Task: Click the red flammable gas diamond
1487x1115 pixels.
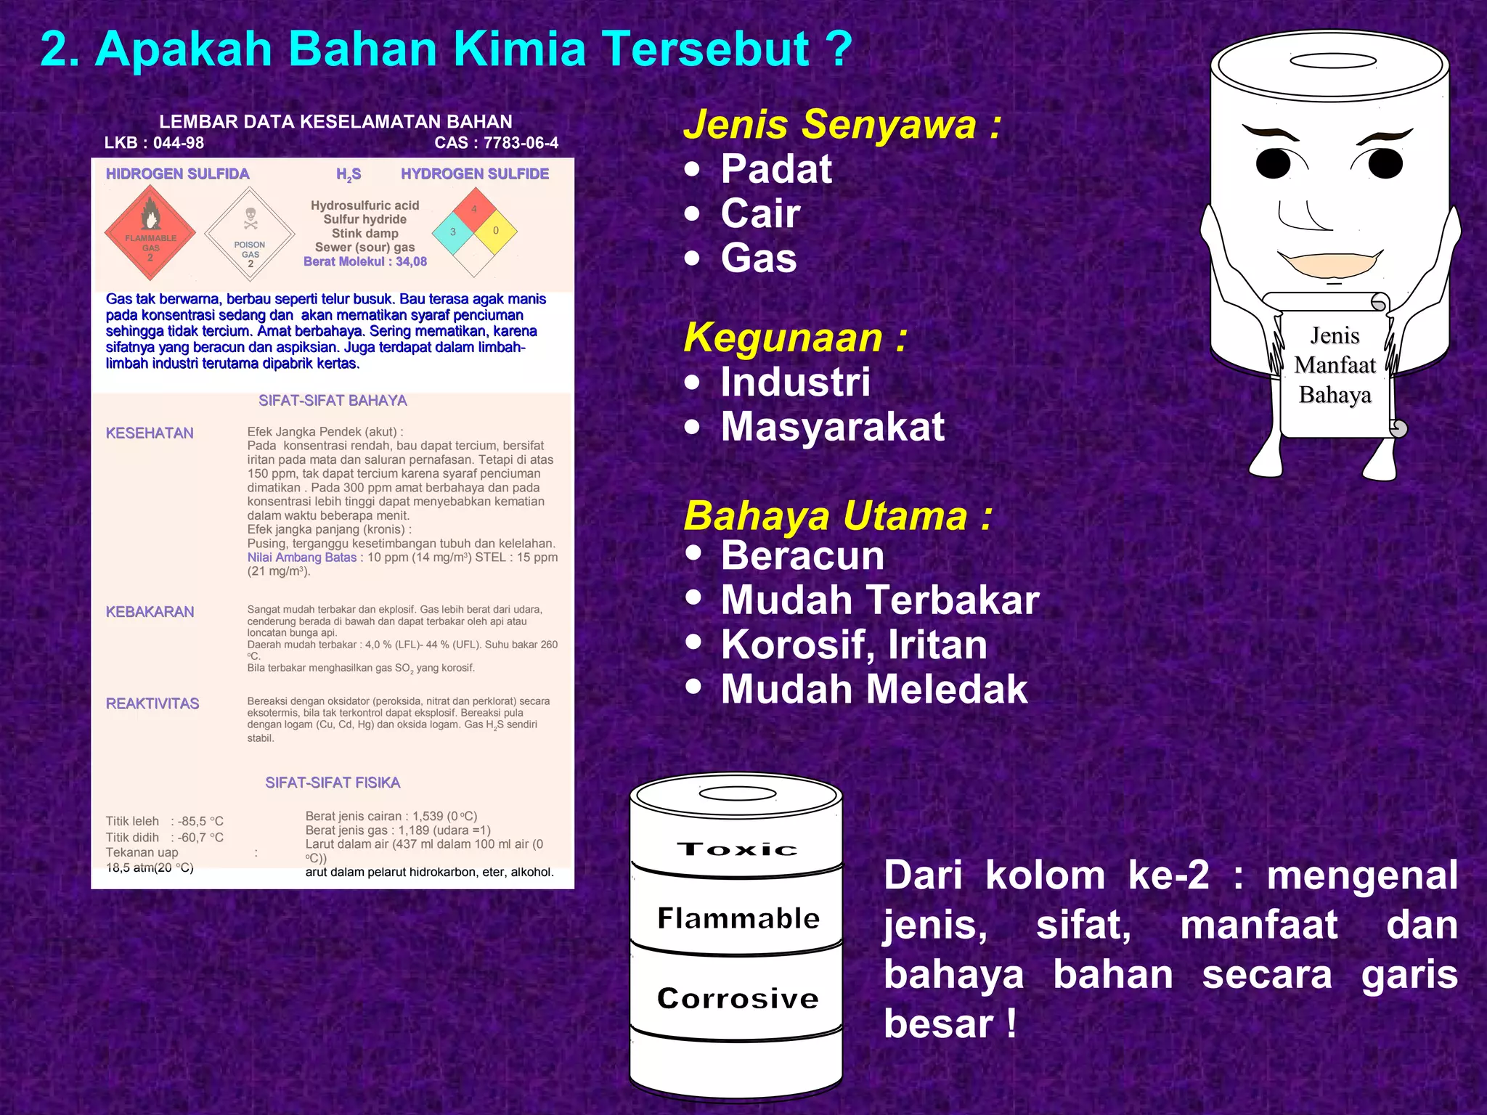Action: (150, 233)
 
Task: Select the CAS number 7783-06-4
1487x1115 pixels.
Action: (497, 143)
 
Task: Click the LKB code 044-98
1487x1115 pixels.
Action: (154, 143)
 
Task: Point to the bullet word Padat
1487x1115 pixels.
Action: (775, 169)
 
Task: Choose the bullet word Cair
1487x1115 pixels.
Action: (760, 213)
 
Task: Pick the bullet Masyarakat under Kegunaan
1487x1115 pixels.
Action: (832, 426)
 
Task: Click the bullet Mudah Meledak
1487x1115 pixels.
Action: (874, 689)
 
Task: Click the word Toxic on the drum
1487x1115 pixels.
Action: (737, 849)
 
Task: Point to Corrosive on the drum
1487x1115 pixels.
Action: (738, 998)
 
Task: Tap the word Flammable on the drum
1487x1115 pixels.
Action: (738, 918)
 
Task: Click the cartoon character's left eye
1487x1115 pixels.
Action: (1274, 163)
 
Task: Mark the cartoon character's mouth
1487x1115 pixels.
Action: (1329, 266)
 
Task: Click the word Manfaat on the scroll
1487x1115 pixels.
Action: (1335, 365)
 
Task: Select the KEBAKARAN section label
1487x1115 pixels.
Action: (150, 612)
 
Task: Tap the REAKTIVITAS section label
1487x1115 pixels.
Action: (152, 703)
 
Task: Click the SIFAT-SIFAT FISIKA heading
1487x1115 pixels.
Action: (333, 783)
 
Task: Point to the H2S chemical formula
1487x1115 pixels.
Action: (349, 175)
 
